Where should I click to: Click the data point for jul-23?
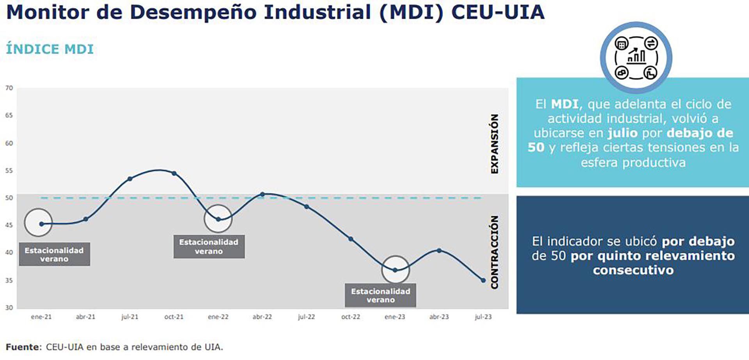[x=483, y=280]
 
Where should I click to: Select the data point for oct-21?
[x=174, y=173]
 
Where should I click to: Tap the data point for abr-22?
[x=262, y=194]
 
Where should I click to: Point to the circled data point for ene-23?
[x=395, y=270]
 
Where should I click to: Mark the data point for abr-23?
[x=439, y=250]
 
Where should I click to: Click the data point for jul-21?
[x=130, y=179]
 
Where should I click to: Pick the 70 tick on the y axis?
[x=9, y=88]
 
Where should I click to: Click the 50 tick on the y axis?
[x=9, y=198]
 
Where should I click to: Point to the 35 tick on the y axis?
[x=9, y=280]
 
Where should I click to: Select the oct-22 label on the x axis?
[x=351, y=317]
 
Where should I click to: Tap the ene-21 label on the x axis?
[x=41, y=317]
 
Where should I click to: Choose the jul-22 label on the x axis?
[x=306, y=317]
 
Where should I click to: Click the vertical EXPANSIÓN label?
[x=495, y=144]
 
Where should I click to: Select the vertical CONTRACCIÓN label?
[x=495, y=252]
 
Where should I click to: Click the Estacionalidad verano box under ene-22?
[x=209, y=247]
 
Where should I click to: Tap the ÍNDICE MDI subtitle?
[x=50, y=49]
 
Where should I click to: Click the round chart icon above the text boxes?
[x=636, y=58]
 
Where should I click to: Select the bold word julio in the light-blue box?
[x=623, y=133]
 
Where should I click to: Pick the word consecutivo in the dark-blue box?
[x=633, y=270]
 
